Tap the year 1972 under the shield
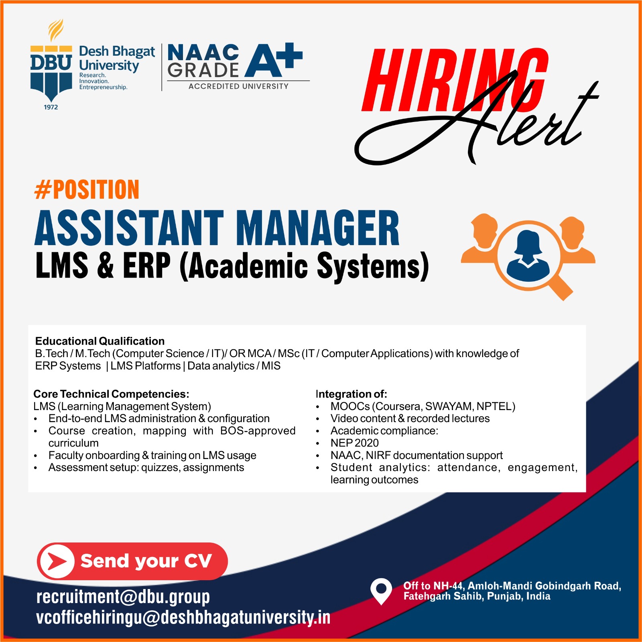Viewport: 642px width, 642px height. click(x=51, y=107)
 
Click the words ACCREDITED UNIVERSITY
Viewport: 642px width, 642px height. click(x=238, y=86)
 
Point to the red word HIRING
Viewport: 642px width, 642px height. click(x=455, y=80)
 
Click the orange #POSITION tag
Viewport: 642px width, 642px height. click(x=87, y=190)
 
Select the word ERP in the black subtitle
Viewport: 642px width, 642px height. click(x=147, y=265)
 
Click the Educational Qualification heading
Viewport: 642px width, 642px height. click(x=100, y=341)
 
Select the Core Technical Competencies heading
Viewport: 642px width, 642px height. click(x=111, y=394)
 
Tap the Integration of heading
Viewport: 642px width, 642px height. click(x=351, y=394)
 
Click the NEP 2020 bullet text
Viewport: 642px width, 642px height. click(x=355, y=443)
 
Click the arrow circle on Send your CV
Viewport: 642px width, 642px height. click(x=57, y=561)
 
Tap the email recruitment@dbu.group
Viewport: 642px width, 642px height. click(x=123, y=597)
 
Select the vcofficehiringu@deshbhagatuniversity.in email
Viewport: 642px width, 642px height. click(x=183, y=618)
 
